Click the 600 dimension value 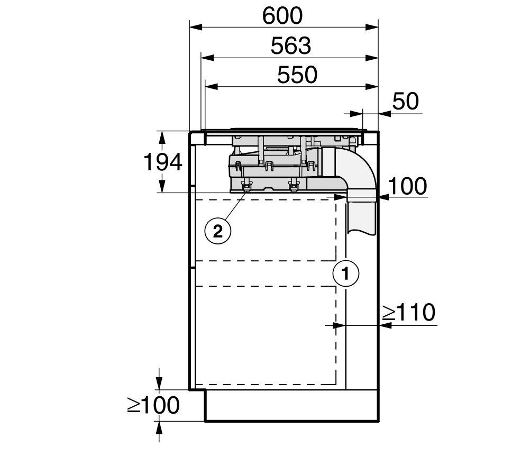282,16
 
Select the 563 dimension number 291,46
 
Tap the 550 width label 297,75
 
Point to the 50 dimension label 405,101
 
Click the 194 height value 163,162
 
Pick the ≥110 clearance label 409,312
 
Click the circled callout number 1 346,273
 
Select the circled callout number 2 218,232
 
